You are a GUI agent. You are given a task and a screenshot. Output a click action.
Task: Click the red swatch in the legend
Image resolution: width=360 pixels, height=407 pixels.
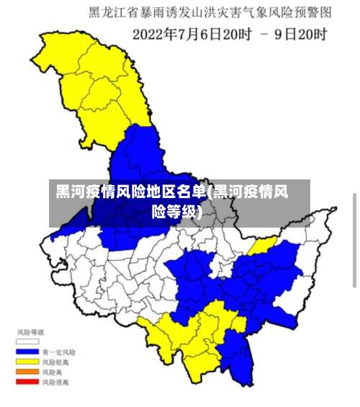[x=28, y=383]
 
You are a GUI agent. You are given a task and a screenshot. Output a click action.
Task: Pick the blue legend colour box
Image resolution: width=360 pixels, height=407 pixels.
[x=28, y=352]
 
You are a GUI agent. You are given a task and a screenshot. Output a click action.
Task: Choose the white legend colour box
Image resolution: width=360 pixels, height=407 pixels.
[x=28, y=341]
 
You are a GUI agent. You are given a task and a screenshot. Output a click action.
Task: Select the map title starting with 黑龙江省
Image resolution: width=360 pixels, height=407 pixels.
[x=210, y=12]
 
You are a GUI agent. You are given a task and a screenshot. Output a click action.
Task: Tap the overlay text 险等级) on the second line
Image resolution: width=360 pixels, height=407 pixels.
[x=176, y=212]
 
